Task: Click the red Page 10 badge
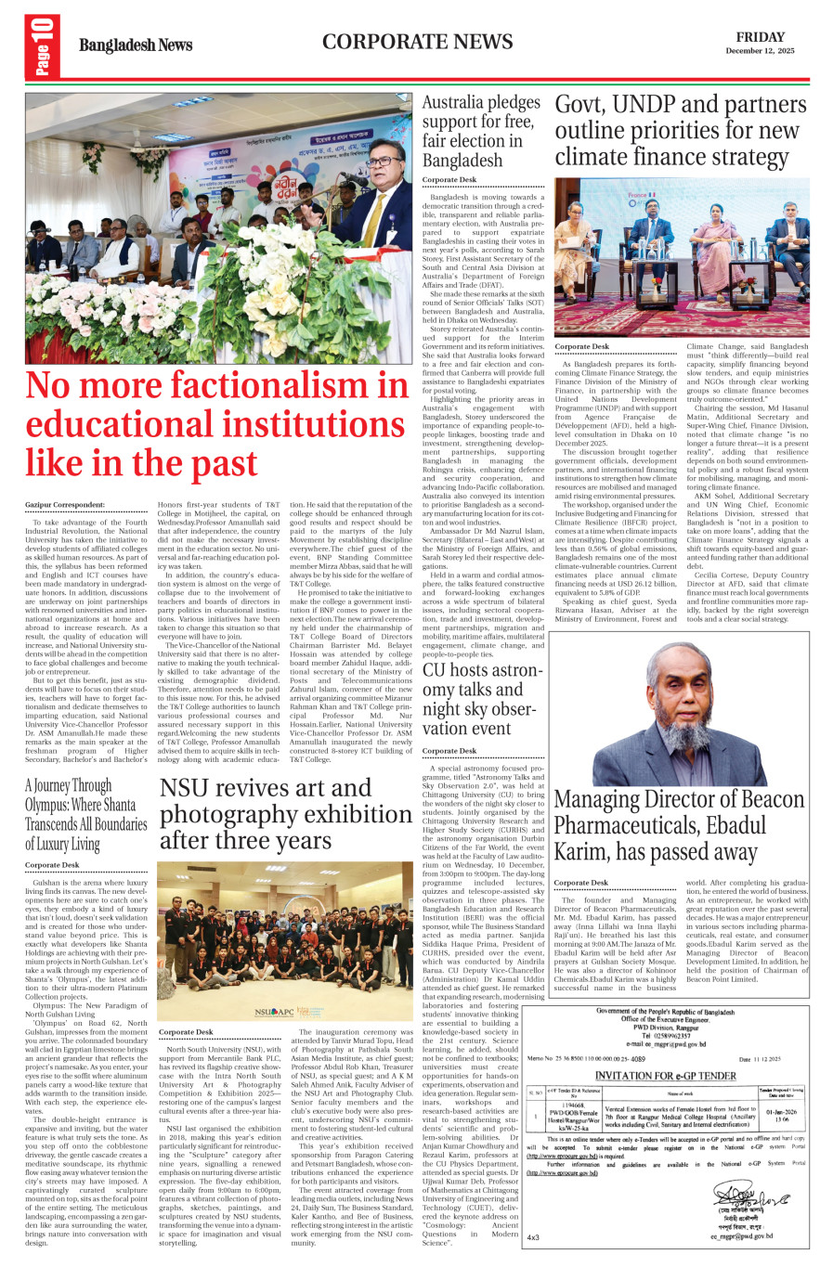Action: (x=42, y=46)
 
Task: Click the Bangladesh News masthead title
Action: (x=136, y=45)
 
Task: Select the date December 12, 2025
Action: (x=760, y=51)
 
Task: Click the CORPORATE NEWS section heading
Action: (x=417, y=42)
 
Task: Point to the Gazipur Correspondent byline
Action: (x=65, y=505)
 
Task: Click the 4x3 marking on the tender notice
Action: (x=533, y=1236)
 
